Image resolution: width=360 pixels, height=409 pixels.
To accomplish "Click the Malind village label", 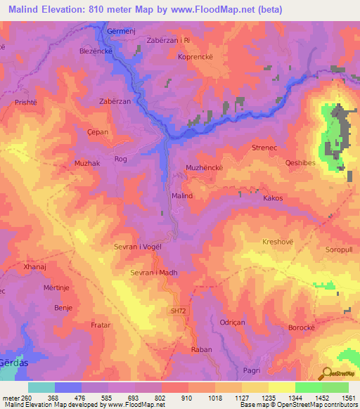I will click(181, 196).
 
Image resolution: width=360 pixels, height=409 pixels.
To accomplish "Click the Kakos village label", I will click(273, 199).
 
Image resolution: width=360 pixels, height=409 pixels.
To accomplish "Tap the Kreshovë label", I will click(277, 242).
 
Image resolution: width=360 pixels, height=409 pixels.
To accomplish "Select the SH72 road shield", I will click(178, 309).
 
